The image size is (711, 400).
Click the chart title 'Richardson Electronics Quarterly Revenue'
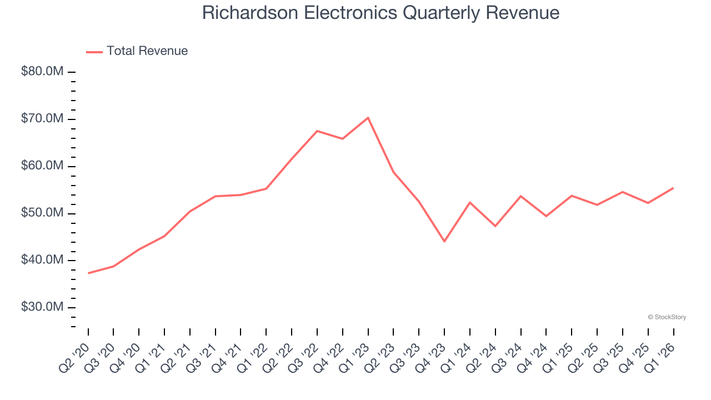click(380, 13)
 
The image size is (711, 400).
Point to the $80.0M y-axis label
click(42, 72)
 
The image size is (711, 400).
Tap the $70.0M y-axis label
click(42, 119)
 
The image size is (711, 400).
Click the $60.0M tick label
click(42, 166)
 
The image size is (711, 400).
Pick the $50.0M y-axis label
click(42, 213)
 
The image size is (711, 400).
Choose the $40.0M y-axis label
click(42, 260)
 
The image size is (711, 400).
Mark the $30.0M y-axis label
click(42, 307)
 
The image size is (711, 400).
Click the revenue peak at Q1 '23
click(368, 118)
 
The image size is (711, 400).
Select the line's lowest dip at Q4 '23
click(444, 241)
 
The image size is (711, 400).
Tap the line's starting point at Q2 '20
click(88, 273)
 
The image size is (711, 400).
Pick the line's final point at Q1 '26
click(673, 188)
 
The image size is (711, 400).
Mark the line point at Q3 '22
click(317, 131)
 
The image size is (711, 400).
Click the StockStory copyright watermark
click(667, 317)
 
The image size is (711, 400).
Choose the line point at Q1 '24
click(470, 202)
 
